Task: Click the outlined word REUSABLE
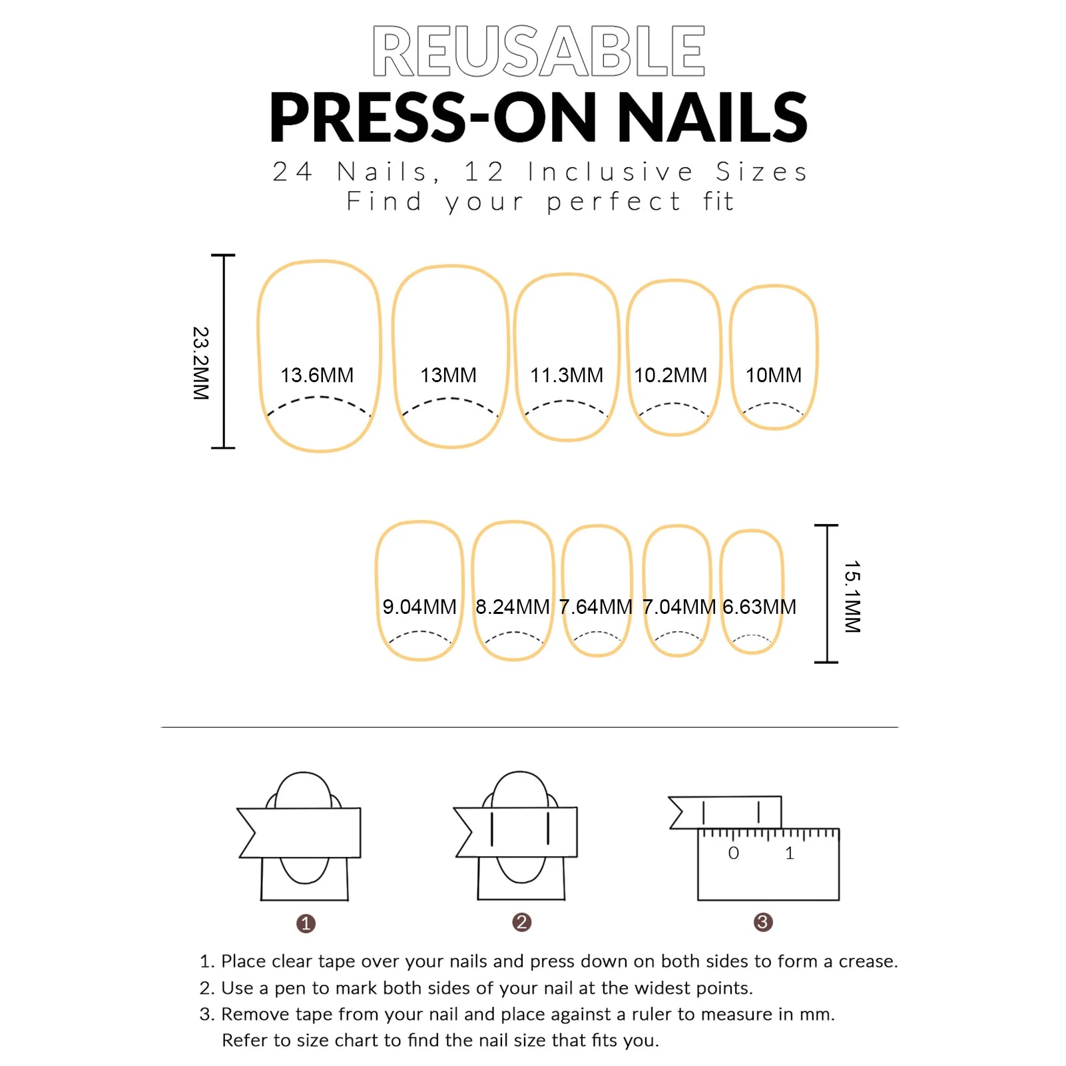539,51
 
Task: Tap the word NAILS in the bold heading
713,117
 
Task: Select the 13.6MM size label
317,375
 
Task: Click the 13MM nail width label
448,375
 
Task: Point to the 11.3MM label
567,375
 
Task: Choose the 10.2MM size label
670,375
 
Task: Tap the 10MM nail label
774,375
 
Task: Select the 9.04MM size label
419,607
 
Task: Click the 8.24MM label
513,607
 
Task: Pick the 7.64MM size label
595,607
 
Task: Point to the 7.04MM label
678,607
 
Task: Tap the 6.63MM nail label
759,607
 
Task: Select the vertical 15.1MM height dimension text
852,597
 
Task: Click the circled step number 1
306,924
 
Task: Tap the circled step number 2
522,922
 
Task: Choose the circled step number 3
763,922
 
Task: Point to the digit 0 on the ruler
734,853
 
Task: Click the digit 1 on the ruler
790,853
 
